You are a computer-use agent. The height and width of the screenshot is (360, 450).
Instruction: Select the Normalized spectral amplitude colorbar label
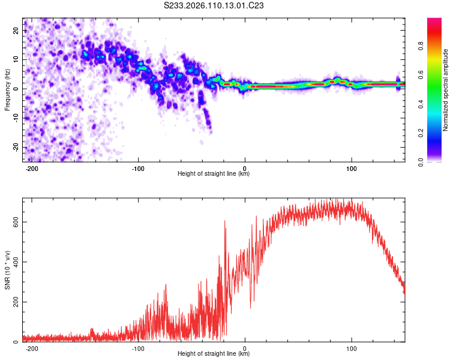446,90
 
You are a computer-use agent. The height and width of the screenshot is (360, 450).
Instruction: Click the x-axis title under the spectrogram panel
214,174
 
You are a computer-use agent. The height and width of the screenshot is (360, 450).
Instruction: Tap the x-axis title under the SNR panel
214,355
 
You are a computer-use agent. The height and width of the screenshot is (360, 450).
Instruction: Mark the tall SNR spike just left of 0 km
225,221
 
